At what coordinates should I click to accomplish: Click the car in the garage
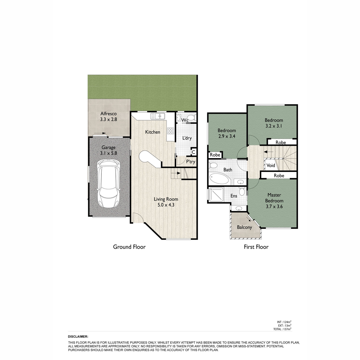pyautogui.click(x=108, y=184)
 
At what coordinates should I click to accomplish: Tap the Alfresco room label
pyautogui.click(x=108, y=114)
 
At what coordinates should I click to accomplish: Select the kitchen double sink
pyautogui.click(x=158, y=116)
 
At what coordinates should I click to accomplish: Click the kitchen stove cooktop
pyautogui.click(x=170, y=130)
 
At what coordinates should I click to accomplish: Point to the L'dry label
pyautogui.click(x=187, y=138)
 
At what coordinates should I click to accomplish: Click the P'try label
pyautogui.click(x=190, y=162)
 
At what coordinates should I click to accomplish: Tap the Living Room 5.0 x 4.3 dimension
pyautogui.click(x=166, y=205)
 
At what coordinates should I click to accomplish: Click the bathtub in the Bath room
pyautogui.click(x=219, y=178)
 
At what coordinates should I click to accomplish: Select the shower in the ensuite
pyautogui.click(x=216, y=194)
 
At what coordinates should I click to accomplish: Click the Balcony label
pyautogui.click(x=244, y=227)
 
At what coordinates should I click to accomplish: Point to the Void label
pyautogui.click(x=271, y=165)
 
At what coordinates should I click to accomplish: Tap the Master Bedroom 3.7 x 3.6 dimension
pyautogui.click(x=274, y=206)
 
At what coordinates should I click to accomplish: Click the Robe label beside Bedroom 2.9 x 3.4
pyautogui.click(x=215, y=155)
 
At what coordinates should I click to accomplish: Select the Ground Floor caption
pyautogui.click(x=129, y=247)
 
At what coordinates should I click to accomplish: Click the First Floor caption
pyautogui.click(x=256, y=247)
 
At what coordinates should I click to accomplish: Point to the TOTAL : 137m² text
pyautogui.click(x=282, y=329)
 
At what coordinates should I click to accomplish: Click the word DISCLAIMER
pyautogui.click(x=78, y=337)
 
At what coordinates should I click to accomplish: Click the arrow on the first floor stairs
pyautogui.click(x=268, y=152)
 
